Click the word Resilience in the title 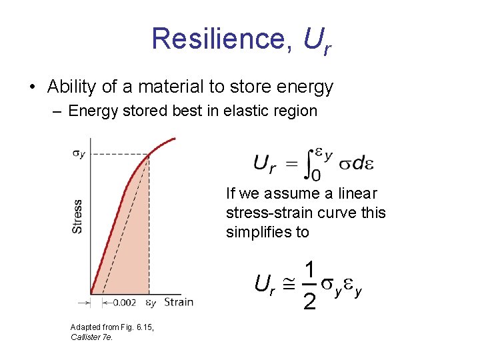[219, 39]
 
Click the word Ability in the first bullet [71, 87]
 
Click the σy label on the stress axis [78, 154]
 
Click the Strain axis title [178, 302]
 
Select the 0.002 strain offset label [124, 303]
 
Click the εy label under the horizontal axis [151, 303]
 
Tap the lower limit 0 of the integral [315, 175]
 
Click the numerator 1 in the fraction [309, 270]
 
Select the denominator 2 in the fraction [309, 301]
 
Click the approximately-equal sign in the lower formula [288, 285]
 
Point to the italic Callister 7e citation [92, 337]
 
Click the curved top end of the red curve [170, 139]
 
